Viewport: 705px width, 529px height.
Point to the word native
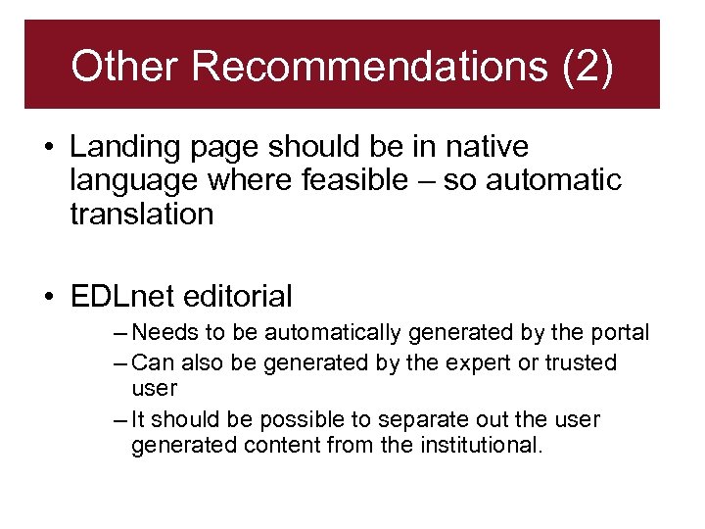487,147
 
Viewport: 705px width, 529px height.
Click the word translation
141,214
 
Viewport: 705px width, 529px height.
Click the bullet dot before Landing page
47,148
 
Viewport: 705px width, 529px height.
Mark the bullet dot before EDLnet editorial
47,297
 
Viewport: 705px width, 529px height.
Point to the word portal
622,333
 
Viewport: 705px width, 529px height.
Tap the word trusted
581,362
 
